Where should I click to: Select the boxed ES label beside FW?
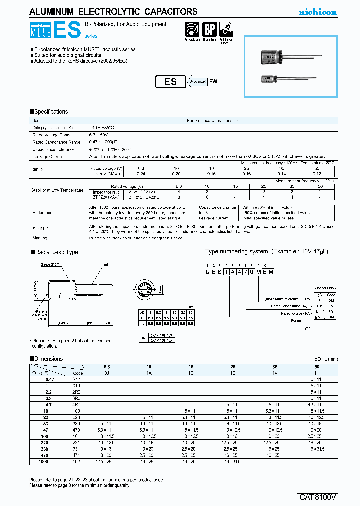170,82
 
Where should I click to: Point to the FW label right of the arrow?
213,82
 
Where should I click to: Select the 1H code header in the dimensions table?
316,373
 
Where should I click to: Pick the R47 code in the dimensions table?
76,379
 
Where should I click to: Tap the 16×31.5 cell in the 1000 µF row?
231,462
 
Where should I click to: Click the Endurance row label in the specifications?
43,212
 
